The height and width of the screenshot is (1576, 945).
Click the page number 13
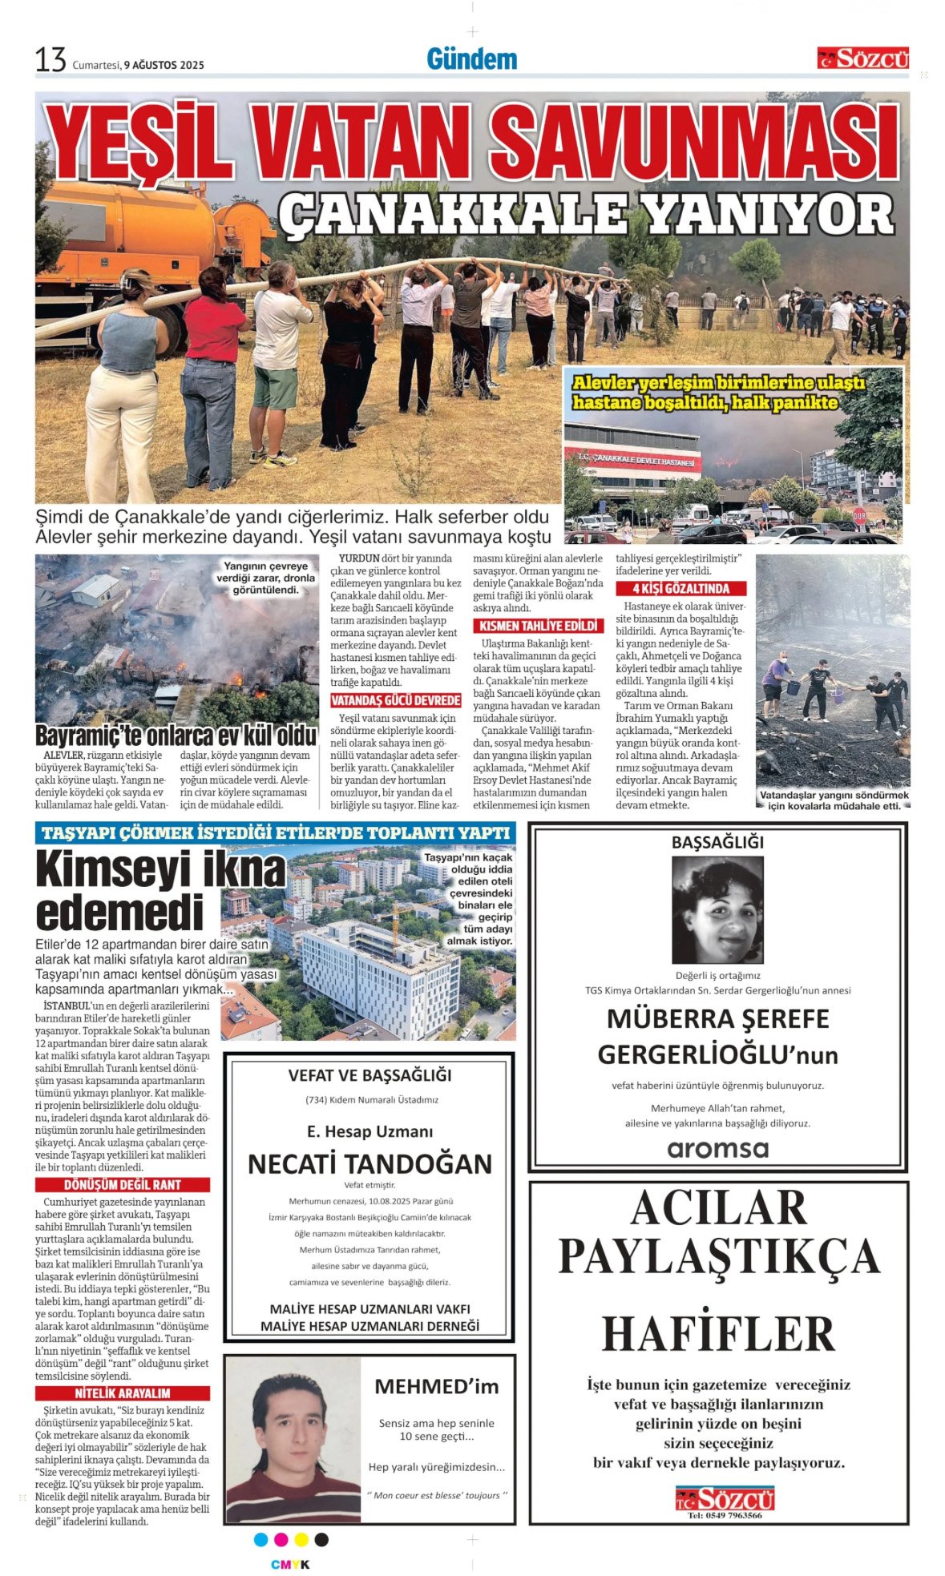(x=50, y=60)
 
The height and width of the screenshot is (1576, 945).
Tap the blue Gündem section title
(x=471, y=58)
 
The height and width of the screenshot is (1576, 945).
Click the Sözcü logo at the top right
(x=863, y=58)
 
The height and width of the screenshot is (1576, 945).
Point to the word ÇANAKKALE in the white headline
(x=451, y=214)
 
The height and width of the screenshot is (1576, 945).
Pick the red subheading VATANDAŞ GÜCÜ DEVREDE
(x=395, y=700)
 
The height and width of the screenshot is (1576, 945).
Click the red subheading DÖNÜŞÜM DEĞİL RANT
(x=123, y=1184)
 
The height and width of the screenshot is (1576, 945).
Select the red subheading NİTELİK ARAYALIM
(x=123, y=1393)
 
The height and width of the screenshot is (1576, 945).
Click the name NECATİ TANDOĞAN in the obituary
(x=370, y=1163)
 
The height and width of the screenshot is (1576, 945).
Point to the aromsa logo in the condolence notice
(x=717, y=1149)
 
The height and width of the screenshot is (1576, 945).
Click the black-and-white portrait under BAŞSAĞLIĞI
(x=717, y=909)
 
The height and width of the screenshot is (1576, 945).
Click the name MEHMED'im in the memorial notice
(x=436, y=1386)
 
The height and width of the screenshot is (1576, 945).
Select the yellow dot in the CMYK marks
(x=301, y=1539)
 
